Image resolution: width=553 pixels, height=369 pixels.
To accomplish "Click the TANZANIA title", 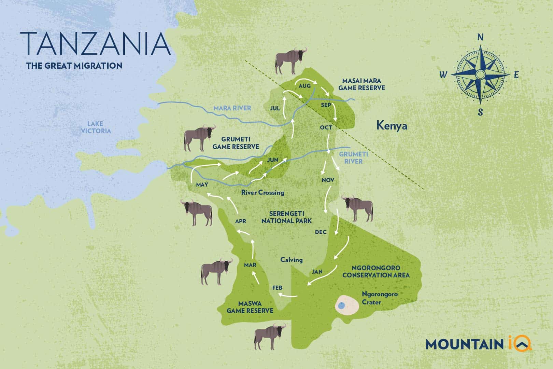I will [x=95, y=44].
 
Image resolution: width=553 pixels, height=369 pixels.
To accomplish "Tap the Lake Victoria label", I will [x=95, y=127].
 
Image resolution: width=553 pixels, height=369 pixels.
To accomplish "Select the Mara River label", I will [x=232, y=108].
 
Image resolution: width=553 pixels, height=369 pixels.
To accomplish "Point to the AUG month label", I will [x=304, y=86].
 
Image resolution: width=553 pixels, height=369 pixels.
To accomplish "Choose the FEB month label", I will [x=277, y=288].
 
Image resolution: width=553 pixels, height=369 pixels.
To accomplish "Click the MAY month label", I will [x=202, y=185].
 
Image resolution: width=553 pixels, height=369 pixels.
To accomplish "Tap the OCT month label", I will [x=326, y=127].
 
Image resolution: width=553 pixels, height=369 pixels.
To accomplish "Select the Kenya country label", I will [x=392, y=126].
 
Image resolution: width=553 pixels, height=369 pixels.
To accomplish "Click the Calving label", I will [x=291, y=260].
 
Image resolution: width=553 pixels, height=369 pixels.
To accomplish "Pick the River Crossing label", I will [x=263, y=192].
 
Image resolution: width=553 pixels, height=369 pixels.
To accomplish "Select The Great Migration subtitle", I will [x=74, y=66].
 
